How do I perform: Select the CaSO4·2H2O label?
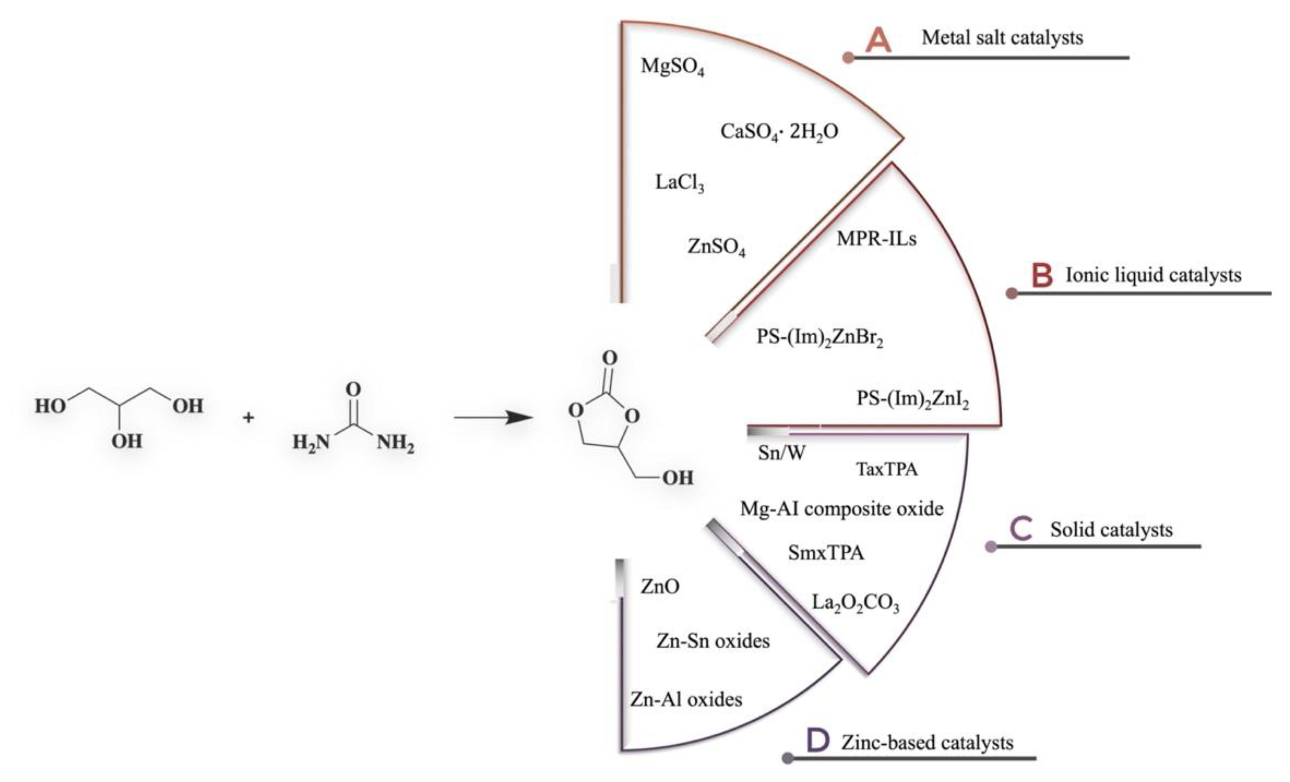(x=779, y=132)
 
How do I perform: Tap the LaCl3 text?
(x=680, y=183)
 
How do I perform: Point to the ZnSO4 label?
(x=716, y=247)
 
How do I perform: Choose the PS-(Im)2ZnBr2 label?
(x=820, y=337)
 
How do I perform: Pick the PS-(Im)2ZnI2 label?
(x=912, y=399)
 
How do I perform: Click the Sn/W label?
(x=782, y=453)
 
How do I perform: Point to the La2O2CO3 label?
(x=855, y=604)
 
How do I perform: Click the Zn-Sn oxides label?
(x=713, y=641)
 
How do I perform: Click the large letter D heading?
(x=818, y=741)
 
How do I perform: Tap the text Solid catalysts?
(x=1111, y=530)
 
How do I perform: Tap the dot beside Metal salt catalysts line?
(x=849, y=58)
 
